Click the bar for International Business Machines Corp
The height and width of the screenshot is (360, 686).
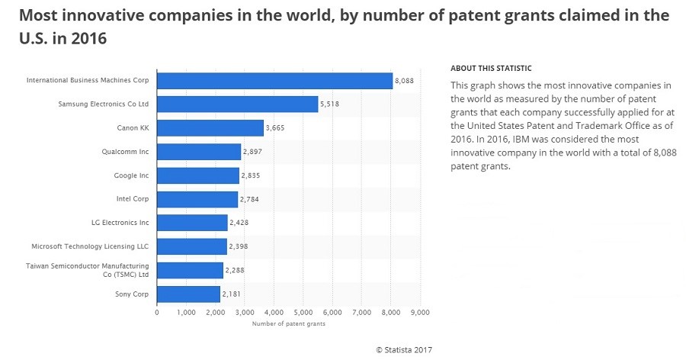click(274, 80)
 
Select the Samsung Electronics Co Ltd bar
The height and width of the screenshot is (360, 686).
click(237, 104)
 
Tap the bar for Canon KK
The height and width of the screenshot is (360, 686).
click(210, 127)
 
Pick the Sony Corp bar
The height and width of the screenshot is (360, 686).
click(188, 294)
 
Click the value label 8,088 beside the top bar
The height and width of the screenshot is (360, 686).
click(404, 80)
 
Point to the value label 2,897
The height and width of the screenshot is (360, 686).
click(252, 152)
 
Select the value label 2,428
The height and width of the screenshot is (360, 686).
click(239, 223)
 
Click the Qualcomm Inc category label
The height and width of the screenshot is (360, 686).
click(125, 152)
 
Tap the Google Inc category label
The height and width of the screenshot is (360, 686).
click(131, 175)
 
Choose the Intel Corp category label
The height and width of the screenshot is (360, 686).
click(133, 199)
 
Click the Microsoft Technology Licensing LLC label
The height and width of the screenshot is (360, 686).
click(90, 246)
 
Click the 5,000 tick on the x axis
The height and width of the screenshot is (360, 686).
click(303, 312)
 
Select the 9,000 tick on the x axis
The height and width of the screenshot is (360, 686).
click(420, 312)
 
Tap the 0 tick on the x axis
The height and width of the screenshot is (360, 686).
click(157, 312)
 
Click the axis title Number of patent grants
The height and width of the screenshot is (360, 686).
click(288, 324)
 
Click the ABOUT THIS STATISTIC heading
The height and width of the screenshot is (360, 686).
click(491, 68)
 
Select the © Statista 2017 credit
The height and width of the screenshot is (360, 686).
click(404, 349)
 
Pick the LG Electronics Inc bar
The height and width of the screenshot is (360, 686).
click(192, 223)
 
